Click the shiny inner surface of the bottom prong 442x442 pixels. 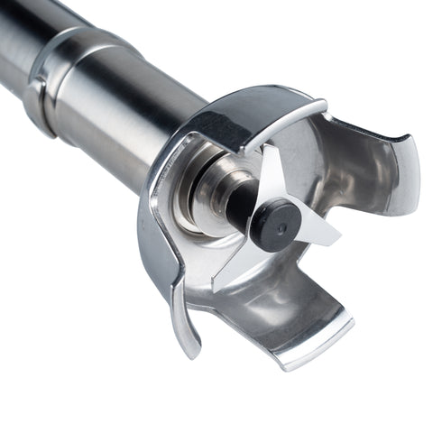pyautogui.click(x=280, y=311)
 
